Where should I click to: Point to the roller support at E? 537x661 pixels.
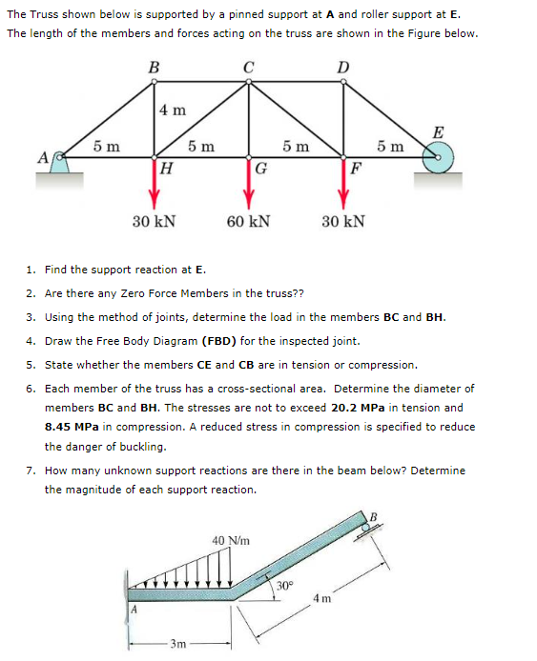439,157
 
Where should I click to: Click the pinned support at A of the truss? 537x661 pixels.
59,163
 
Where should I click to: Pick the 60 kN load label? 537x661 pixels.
248,222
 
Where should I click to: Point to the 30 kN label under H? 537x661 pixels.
154,222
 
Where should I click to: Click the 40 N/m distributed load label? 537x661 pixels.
232,540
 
